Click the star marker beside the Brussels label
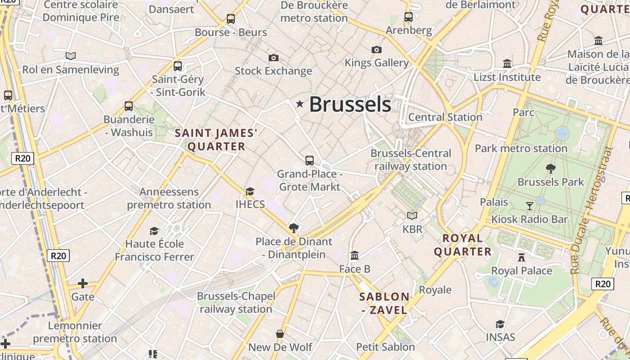click(300, 104)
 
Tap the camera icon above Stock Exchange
click(273, 58)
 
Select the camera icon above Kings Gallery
click(377, 49)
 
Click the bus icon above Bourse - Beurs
click(231, 19)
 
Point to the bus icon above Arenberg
click(409, 17)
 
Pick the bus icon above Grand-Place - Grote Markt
click(310, 160)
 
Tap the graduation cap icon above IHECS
click(250, 191)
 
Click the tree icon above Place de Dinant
click(294, 228)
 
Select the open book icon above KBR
click(412, 216)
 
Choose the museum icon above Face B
click(355, 256)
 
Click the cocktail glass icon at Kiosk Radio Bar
click(529, 206)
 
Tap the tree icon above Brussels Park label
click(550, 169)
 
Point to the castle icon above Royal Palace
click(522, 257)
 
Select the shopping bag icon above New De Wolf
click(280, 334)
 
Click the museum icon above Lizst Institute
click(507, 64)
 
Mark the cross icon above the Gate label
click(82, 283)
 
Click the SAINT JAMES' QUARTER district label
click(216, 139)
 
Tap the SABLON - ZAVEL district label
click(384, 303)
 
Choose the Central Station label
click(445, 117)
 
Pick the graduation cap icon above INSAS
click(500, 324)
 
